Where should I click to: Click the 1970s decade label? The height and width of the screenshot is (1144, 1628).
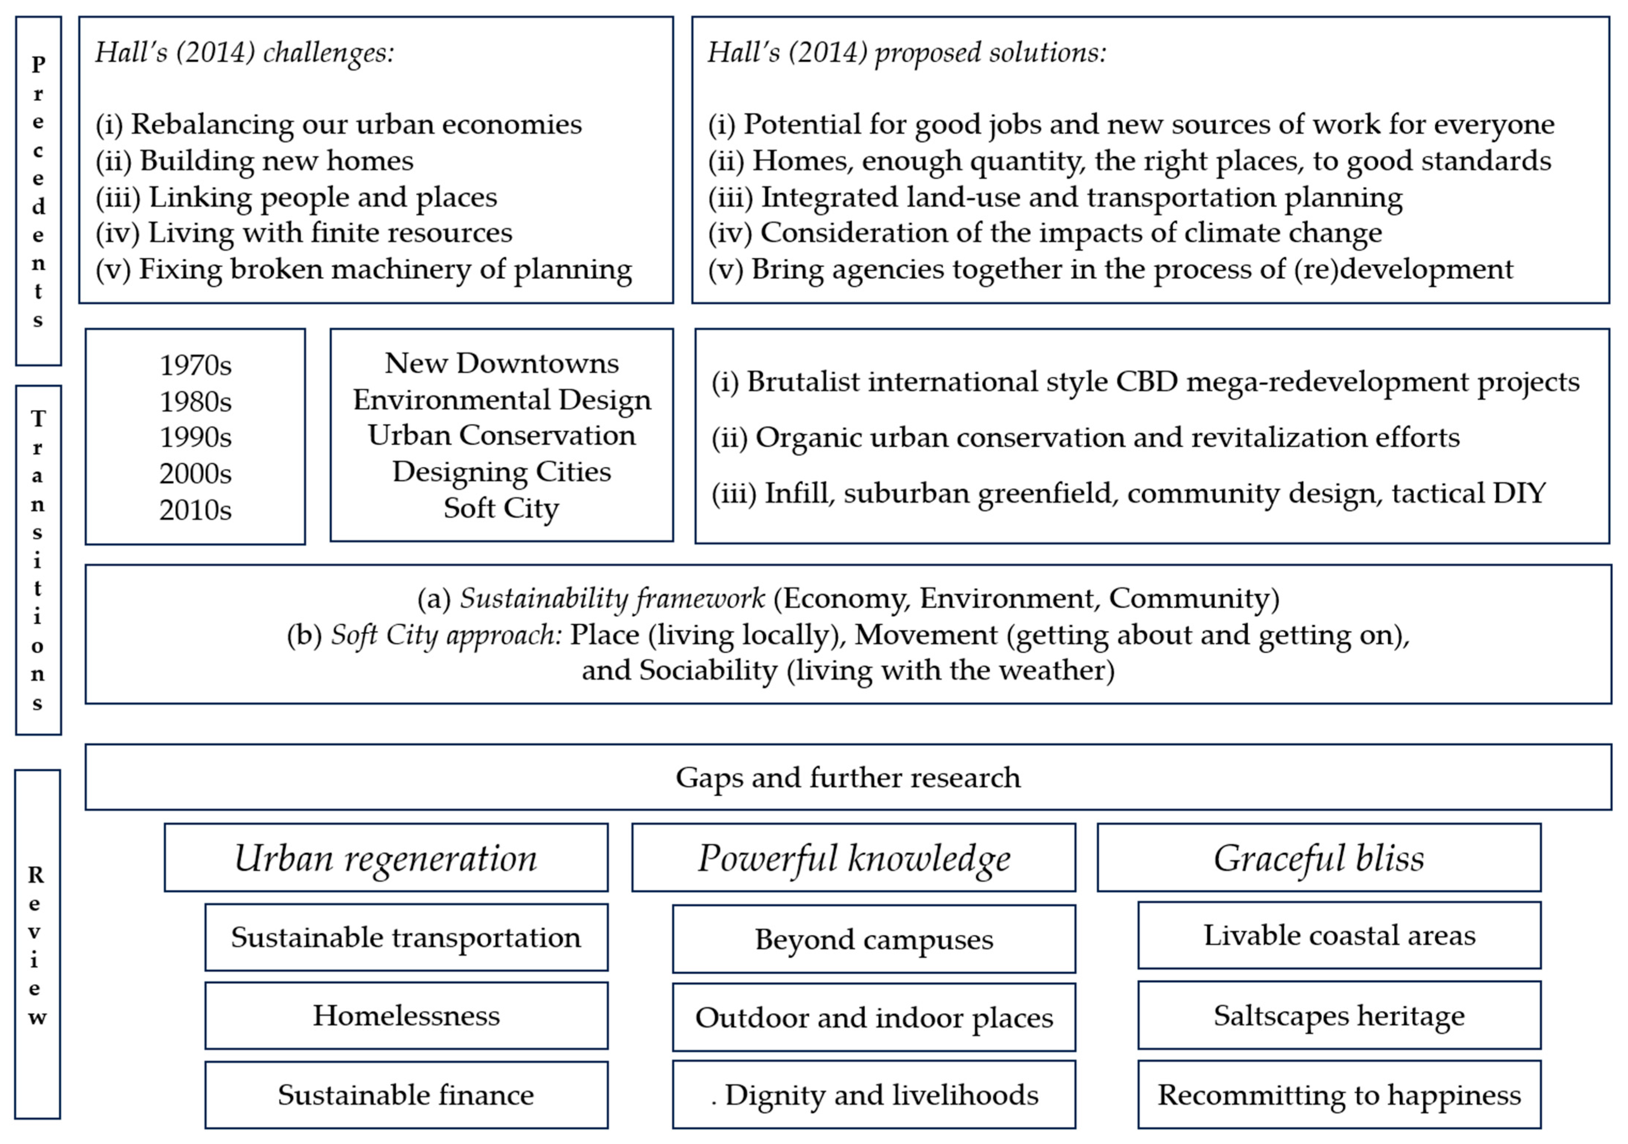click(x=195, y=365)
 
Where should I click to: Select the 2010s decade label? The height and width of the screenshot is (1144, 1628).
click(x=195, y=510)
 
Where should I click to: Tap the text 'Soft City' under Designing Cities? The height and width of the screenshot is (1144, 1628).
click(x=501, y=508)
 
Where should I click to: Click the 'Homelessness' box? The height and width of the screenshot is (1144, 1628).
click(x=406, y=1016)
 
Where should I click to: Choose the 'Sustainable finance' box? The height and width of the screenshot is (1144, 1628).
click(x=406, y=1095)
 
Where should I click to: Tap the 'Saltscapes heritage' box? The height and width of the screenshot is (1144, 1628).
click(x=1339, y=1016)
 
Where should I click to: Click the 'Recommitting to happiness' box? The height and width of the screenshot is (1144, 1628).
click(x=1339, y=1095)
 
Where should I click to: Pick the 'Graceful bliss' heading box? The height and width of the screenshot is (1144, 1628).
click(x=1319, y=858)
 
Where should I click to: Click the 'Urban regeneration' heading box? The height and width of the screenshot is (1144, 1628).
click(x=386, y=858)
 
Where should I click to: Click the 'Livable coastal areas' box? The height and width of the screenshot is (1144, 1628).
click(x=1339, y=935)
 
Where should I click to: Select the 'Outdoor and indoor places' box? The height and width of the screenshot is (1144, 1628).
click(x=873, y=1018)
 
